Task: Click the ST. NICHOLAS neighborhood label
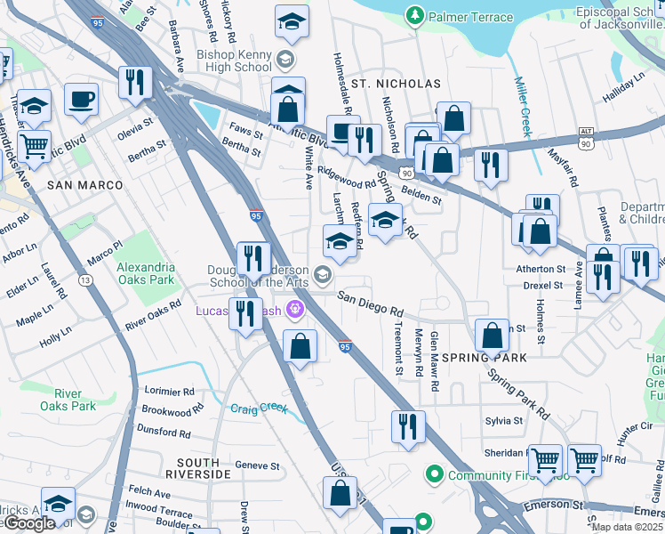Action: (x=396, y=84)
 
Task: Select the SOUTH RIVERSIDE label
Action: (x=204, y=463)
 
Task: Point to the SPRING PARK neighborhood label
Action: (x=485, y=358)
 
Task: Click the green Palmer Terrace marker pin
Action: (x=413, y=15)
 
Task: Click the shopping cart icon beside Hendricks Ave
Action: (x=35, y=147)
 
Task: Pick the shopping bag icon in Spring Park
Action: (x=493, y=337)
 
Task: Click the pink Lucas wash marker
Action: (x=295, y=310)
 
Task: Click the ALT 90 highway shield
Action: (x=585, y=136)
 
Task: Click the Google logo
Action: (x=28, y=523)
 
